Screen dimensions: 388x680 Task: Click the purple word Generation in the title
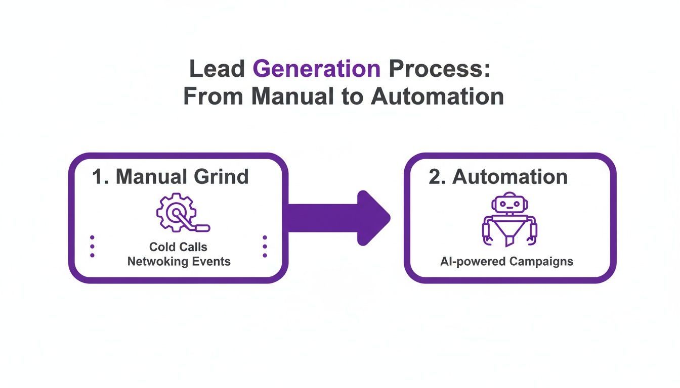317,69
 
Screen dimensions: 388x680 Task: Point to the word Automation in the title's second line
437,96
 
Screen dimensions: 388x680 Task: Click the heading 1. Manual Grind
170,177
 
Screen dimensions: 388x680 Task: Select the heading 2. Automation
498,177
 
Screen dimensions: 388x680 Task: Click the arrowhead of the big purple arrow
373,218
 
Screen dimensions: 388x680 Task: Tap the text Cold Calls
178,247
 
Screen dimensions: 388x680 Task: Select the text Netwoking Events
179,262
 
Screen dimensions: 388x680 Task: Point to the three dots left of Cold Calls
92,246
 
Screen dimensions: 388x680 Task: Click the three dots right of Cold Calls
265,246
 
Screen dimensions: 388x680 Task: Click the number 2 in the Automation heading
435,177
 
